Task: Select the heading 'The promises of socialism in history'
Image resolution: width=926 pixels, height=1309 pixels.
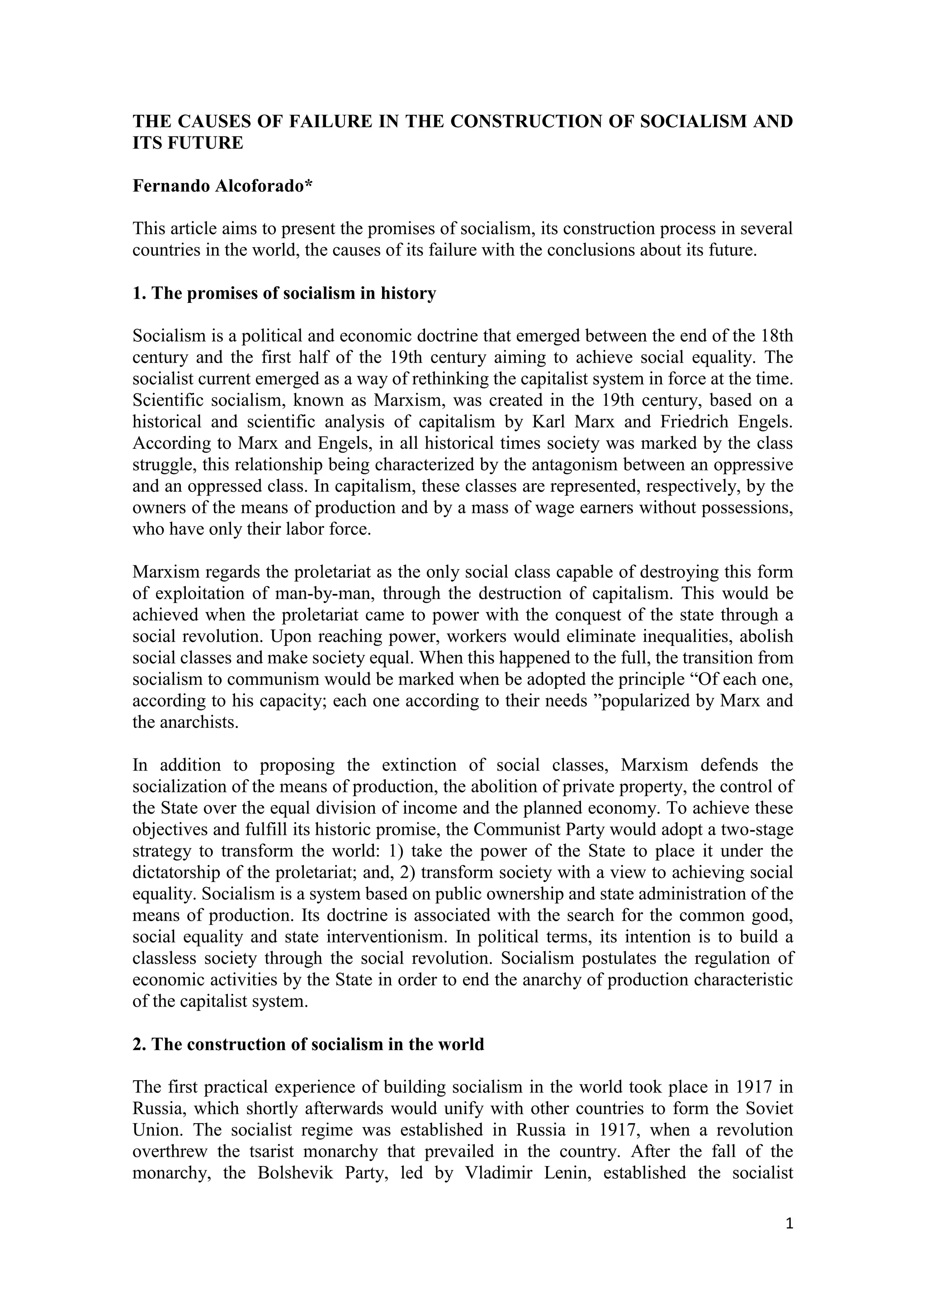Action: (x=284, y=294)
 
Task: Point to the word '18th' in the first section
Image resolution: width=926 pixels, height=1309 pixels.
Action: (x=777, y=336)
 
